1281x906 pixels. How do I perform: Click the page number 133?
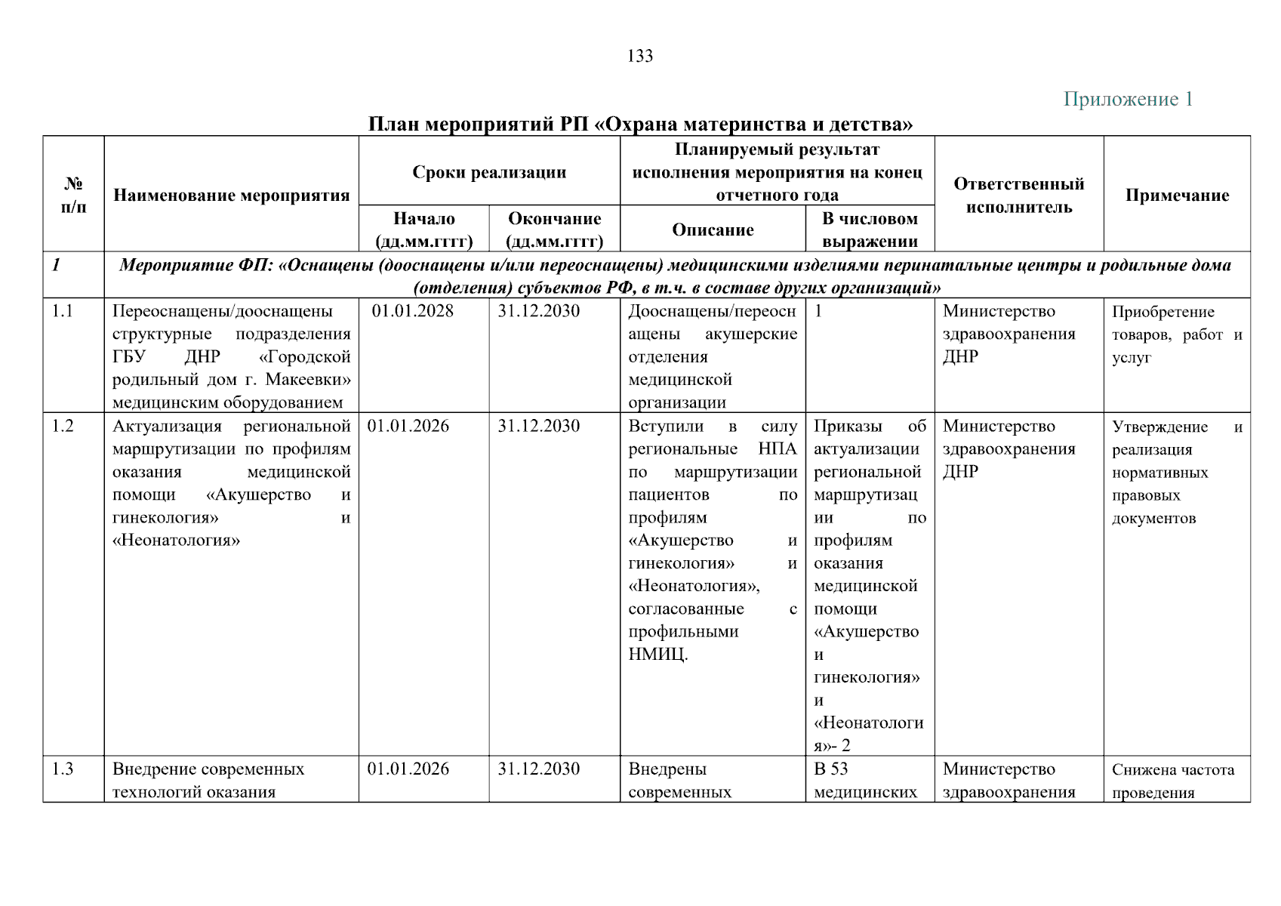click(x=640, y=56)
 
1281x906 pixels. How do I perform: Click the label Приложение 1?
click(x=1128, y=99)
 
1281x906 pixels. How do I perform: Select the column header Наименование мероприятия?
click(x=231, y=196)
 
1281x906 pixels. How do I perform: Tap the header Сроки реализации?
click(x=489, y=172)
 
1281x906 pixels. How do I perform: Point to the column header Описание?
click(x=713, y=230)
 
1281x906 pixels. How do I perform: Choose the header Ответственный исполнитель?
click(x=1018, y=196)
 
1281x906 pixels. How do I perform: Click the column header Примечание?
click(x=1177, y=196)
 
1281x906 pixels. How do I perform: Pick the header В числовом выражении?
click(x=870, y=230)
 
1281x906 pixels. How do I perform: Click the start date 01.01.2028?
click(x=412, y=311)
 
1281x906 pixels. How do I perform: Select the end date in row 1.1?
click(x=538, y=311)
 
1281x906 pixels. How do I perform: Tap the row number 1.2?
click(x=63, y=426)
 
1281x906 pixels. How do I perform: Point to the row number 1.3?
click(x=63, y=769)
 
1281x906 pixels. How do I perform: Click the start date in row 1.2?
click(x=408, y=426)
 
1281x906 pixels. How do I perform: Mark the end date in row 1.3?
click(x=538, y=769)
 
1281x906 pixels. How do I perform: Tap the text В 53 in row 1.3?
click(x=830, y=769)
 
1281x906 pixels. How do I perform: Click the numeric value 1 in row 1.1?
click(x=818, y=311)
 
